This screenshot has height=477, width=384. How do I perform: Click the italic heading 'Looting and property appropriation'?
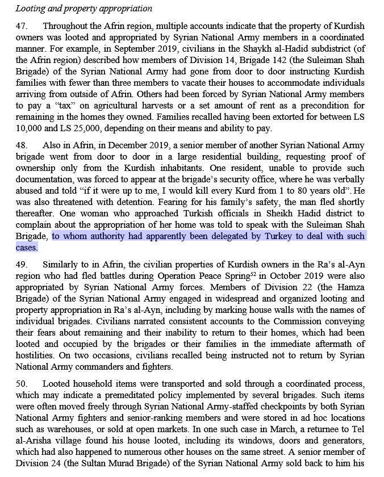pyautogui.click(x=84, y=9)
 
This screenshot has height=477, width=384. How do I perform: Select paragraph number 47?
pyautogui.click(x=21, y=26)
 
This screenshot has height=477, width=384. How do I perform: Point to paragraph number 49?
pyautogui.click(x=21, y=264)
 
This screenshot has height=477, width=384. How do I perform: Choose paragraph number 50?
pyautogui.click(x=21, y=383)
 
